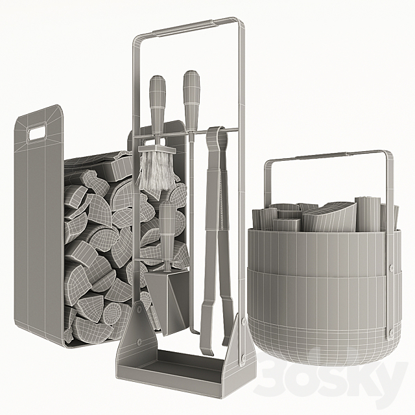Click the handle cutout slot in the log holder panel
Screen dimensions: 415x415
coord(38,133)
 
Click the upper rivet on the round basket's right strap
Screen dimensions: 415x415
coord(390,268)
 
